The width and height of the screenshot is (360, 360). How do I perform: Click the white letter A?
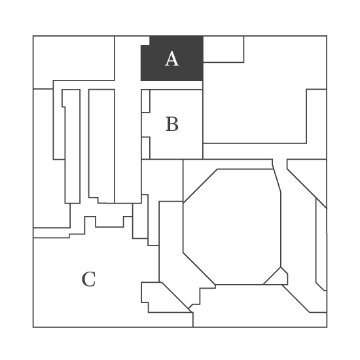(171, 59)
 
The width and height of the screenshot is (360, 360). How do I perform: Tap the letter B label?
(172, 124)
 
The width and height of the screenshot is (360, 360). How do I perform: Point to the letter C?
(88, 279)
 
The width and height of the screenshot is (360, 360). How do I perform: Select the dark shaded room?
(172, 58)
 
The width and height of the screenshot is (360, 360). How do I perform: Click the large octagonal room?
(232, 227)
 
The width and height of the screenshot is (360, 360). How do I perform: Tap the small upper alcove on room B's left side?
(145, 101)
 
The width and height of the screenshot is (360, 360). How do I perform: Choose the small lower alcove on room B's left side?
(145, 148)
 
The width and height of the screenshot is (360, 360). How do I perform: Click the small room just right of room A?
(223, 49)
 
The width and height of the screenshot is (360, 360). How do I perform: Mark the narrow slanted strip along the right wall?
(321, 245)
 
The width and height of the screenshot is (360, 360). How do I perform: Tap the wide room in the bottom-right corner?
(259, 306)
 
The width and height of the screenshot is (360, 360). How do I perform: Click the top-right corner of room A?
(203, 36)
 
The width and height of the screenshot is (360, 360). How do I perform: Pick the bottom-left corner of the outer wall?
(33, 327)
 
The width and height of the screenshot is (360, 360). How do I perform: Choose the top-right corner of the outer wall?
(327, 36)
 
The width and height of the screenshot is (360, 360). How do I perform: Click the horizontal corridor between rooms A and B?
(171, 85)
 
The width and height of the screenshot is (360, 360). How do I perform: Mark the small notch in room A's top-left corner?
(145, 41)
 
